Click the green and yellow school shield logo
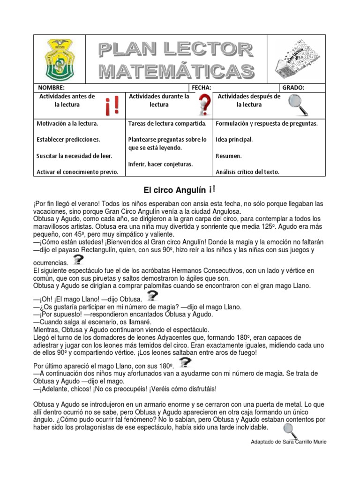click(60, 60)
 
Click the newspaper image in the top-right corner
click(296, 60)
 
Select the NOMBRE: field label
click(51, 88)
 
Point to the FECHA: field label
click(202, 88)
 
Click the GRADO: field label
click(293, 88)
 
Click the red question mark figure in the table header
click(203, 105)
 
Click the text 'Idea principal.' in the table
click(234, 140)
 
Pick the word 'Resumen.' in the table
click(229, 156)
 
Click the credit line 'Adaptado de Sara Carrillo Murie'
click(289, 442)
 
